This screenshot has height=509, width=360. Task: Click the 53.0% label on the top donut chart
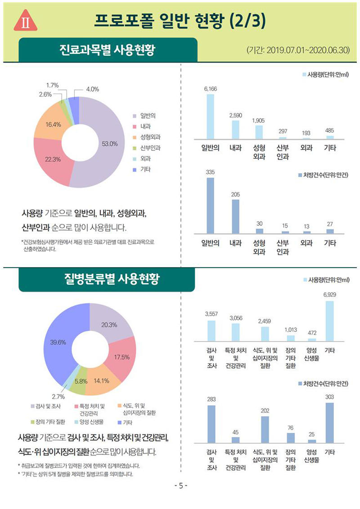coord(110,144)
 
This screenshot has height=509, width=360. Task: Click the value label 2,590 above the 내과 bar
coord(235,116)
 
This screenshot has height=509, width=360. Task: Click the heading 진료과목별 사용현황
coord(108,49)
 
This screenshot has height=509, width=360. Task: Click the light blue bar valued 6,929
coord(329,321)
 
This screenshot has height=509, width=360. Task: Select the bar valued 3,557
coord(211,331)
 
